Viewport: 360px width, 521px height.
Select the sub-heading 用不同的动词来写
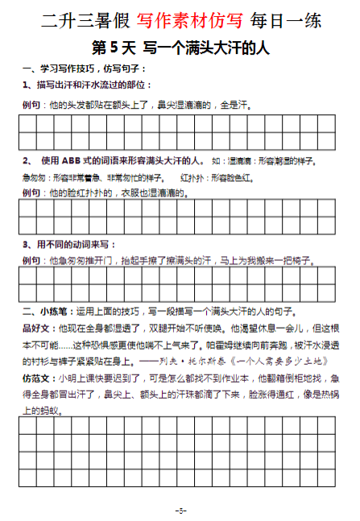77,243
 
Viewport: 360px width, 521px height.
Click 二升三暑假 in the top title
74,18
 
